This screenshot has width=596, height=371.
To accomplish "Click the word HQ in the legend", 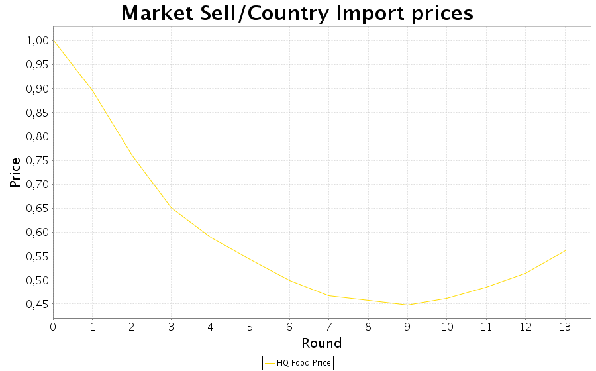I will tap(283, 363).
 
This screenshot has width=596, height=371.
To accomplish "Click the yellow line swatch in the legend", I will tap(269, 363).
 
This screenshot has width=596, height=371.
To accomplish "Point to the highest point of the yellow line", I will tap(53, 40).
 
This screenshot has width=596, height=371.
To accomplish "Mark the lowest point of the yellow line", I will tap(407, 305).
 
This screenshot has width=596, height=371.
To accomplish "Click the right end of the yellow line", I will tap(565, 250).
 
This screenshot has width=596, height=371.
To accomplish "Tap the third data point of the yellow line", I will tap(132, 154).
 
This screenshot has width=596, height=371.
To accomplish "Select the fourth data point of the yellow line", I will tap(171, 208).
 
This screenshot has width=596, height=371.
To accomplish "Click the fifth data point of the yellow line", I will tap(211, 237).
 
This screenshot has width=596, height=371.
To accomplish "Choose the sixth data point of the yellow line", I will tap(250, 258).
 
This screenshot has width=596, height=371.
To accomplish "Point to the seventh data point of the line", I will tap(289, 280).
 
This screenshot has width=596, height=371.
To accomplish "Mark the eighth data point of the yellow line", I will tap(328, 295).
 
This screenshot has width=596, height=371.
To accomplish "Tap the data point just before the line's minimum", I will tap(368, 300).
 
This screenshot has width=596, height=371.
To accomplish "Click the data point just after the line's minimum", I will tap(446, 298).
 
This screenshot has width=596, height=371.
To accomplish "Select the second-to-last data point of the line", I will tap(526, 272).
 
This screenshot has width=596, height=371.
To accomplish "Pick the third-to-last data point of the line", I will tap(486, 287).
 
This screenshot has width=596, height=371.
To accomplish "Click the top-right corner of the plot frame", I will tap(591, 27).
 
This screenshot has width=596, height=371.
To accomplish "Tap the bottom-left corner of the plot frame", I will tap(53, 319).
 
